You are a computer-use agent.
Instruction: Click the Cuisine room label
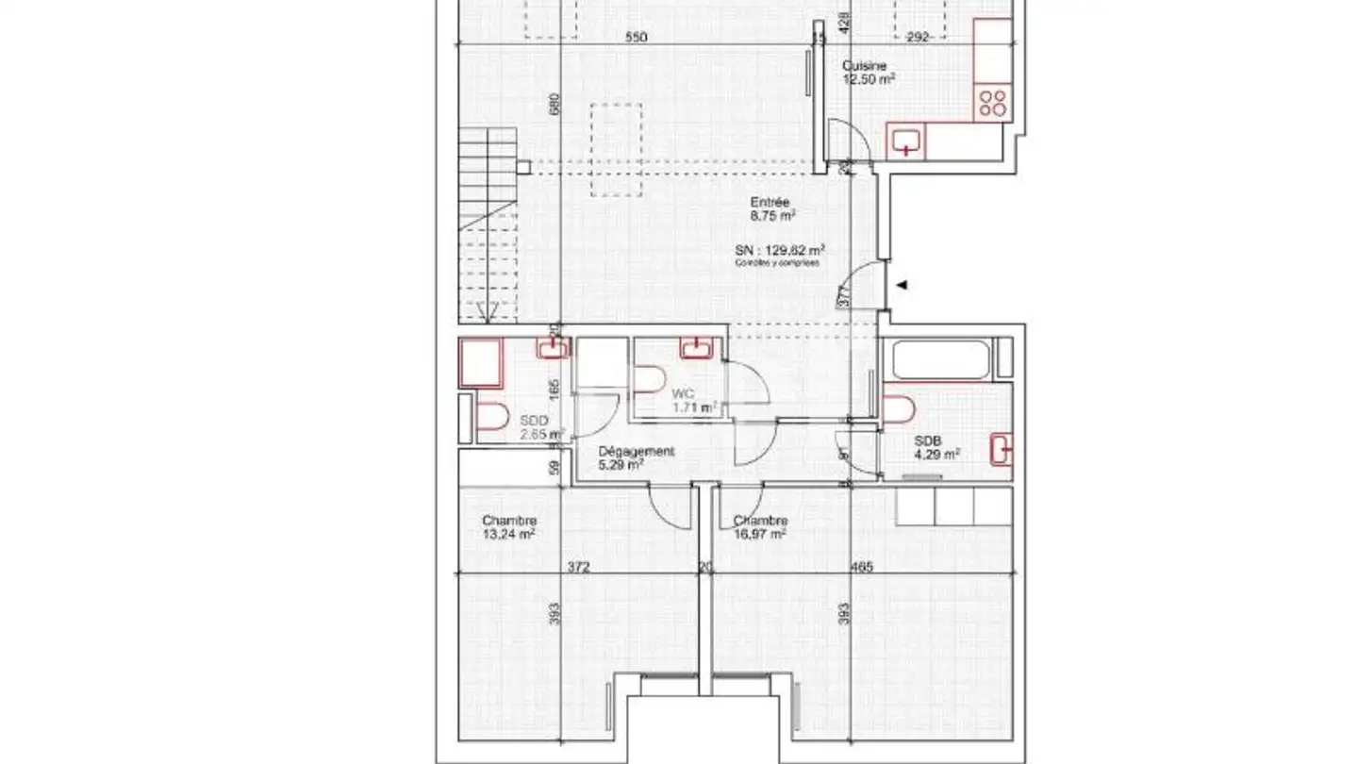click(864, 66)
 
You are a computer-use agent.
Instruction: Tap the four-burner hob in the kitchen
click(993, 102)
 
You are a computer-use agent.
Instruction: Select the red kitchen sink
click(907, 141)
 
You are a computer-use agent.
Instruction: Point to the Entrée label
click(770, 202)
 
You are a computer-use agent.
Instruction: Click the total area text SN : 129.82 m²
click(781, 250)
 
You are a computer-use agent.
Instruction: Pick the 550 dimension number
click(637, 38)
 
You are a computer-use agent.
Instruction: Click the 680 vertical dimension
click(555, 104)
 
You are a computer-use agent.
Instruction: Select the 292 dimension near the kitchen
click(918, 38)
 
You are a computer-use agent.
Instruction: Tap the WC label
click(682, 393)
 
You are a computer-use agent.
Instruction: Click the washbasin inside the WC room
click(696, 348)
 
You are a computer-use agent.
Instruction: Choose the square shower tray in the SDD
click(481, 364)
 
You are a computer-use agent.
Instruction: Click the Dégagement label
click(637, 451)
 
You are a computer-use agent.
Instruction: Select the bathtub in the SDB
click(940, 360)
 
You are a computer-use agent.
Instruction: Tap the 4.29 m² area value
click(937, 454)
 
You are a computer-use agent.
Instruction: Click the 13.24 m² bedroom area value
click(508, 534)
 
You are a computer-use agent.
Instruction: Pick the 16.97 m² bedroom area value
click(759, 534)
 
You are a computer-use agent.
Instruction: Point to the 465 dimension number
click(862, 567)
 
